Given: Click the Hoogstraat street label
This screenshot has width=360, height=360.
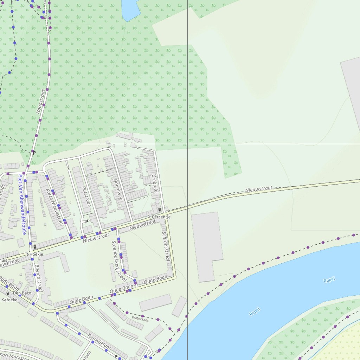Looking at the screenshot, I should point(41,101).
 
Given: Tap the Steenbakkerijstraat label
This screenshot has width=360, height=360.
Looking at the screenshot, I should point(119,261).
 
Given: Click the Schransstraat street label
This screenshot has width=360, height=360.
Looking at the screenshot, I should point(166,246).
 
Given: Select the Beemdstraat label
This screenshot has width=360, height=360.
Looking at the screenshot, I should point(39,279).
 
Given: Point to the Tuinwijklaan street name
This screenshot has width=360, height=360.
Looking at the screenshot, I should point(99,342).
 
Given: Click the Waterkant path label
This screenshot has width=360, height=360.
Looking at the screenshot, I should point(140,319).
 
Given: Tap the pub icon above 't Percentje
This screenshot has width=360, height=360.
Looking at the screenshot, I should point(160,210).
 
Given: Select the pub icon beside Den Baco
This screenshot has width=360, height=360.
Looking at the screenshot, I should point(8,293).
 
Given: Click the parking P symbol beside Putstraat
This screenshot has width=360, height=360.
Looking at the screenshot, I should point(86,222).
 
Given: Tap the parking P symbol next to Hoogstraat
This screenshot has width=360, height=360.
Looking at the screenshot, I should point(34,153).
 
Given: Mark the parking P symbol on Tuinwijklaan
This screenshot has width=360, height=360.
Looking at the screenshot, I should point(116,356).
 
